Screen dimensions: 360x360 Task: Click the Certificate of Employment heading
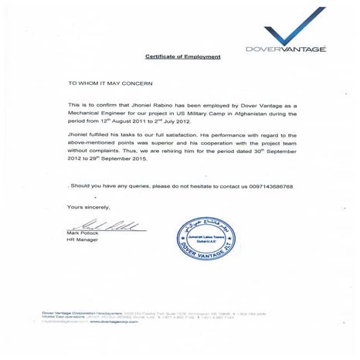(x=183, y=57)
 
